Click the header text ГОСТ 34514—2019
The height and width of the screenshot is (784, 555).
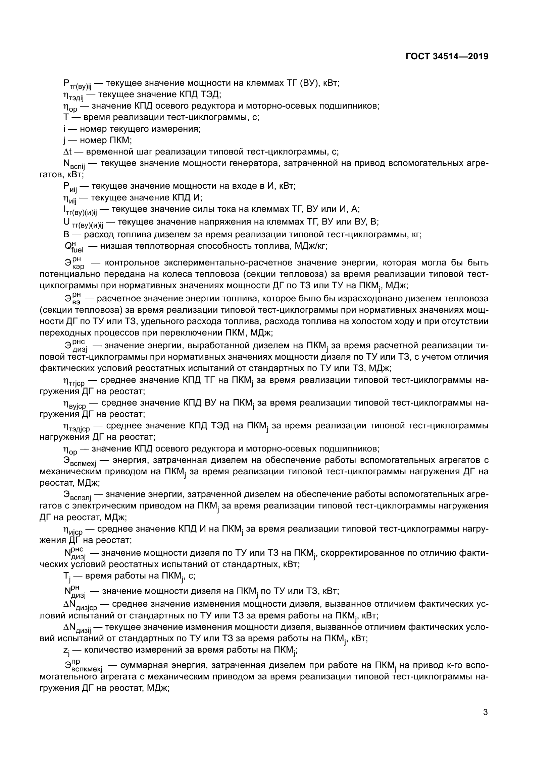point(447,56)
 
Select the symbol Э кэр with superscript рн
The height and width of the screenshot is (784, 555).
point(74,263)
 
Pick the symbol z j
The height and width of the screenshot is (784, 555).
point(66,650)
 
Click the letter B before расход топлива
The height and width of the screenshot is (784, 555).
point(66,235)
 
